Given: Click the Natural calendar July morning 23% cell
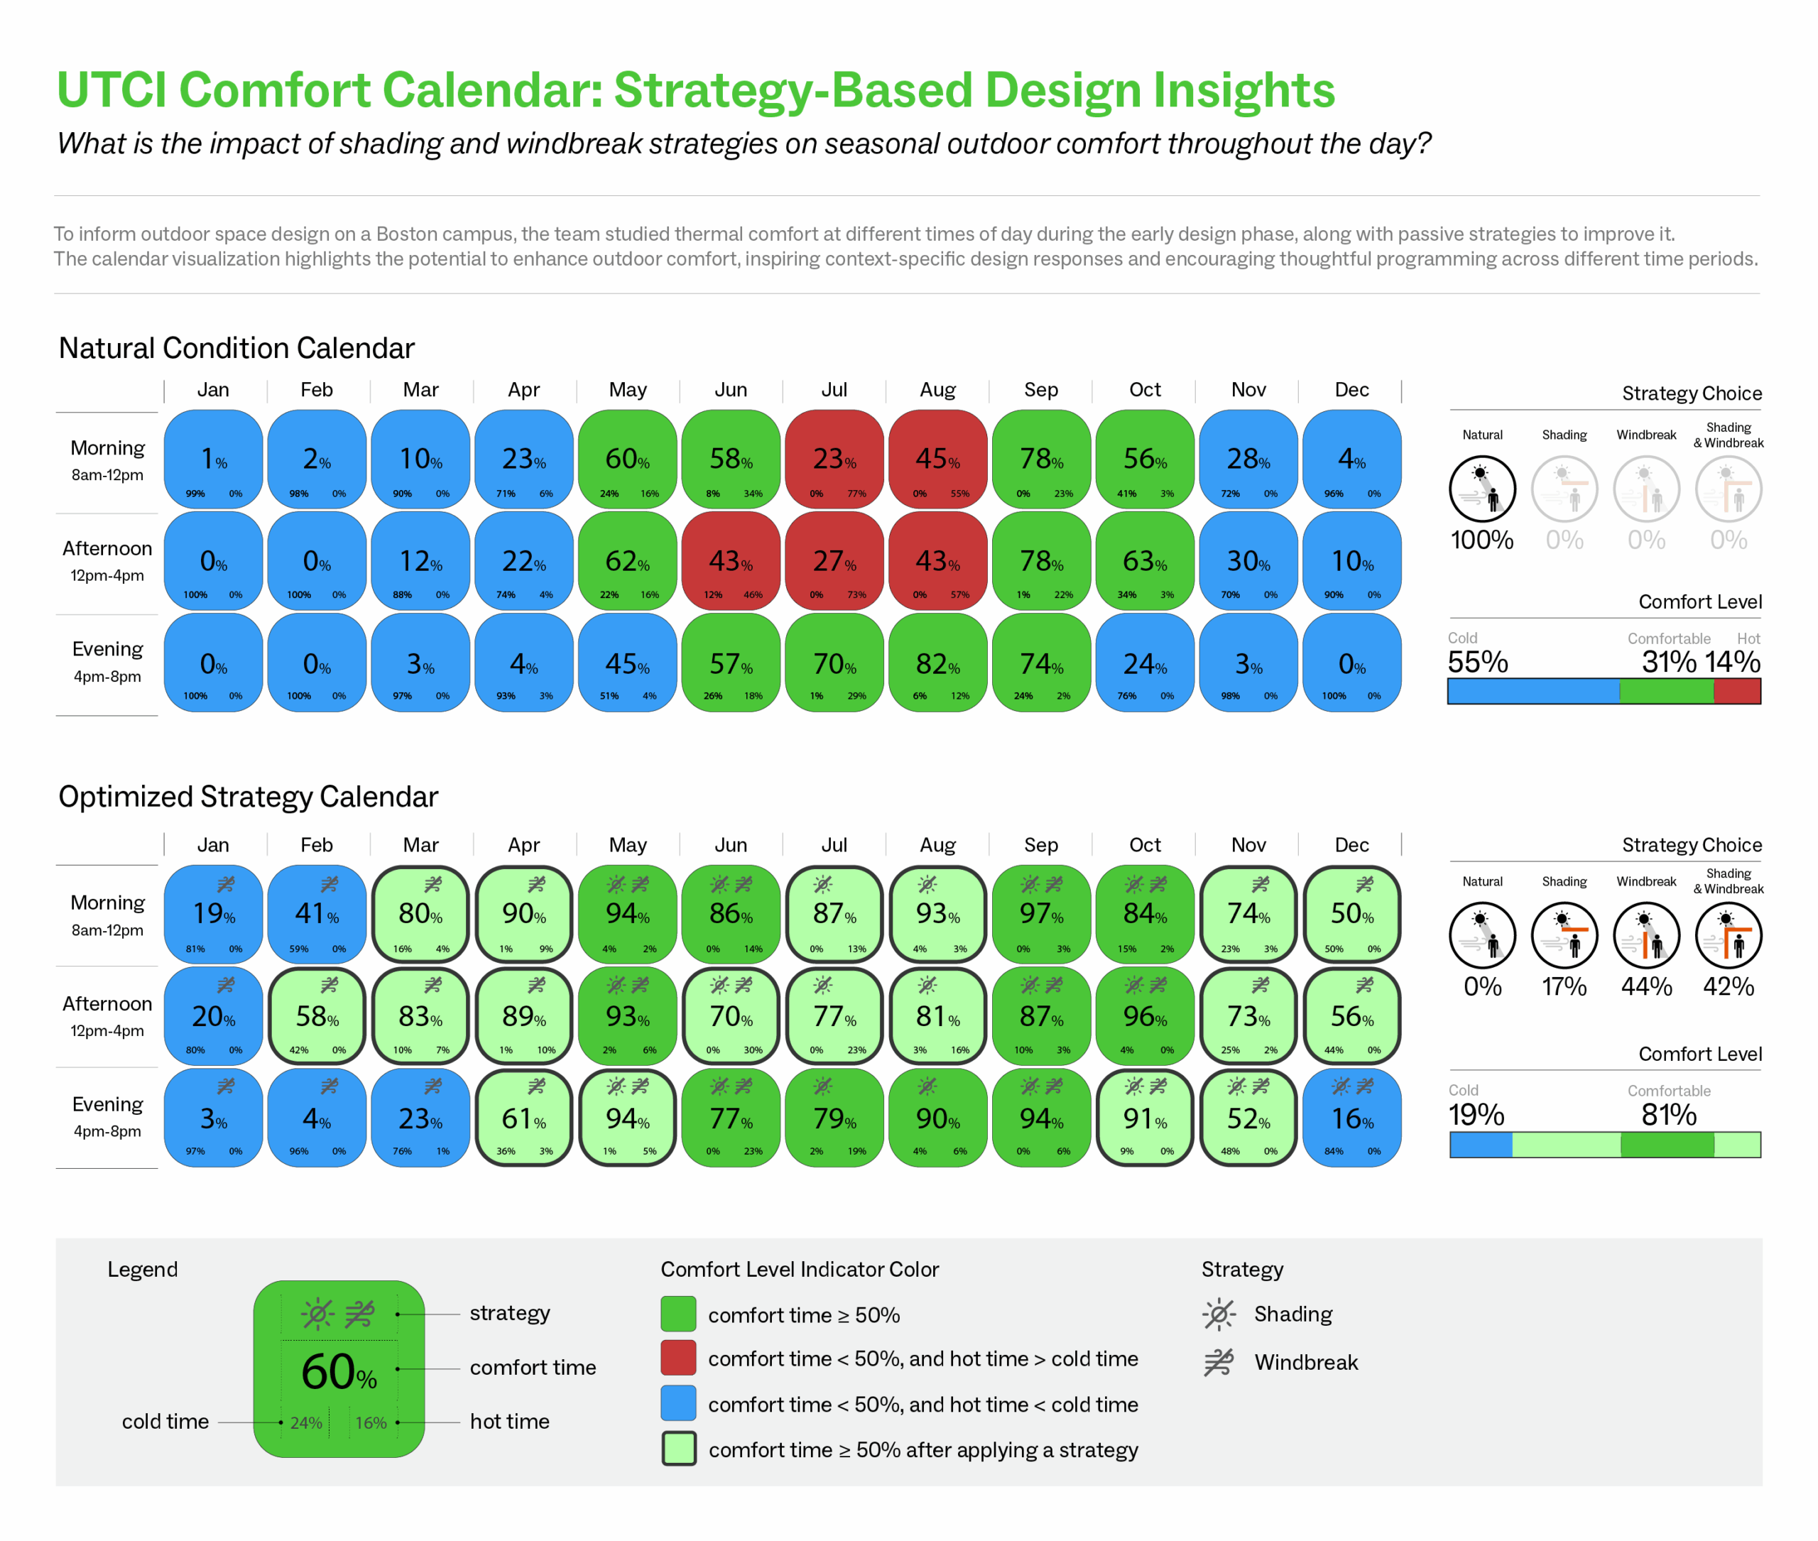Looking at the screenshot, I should click(834, 459).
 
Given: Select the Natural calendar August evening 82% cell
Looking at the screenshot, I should click(937, 664).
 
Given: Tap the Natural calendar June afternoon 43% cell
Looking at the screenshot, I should click(730, 561).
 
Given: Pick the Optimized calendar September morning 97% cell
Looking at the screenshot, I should click(1040, 914).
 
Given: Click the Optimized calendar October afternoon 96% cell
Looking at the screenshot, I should click(1145, 1016).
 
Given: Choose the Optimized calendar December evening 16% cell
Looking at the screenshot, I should click(1351, 1118).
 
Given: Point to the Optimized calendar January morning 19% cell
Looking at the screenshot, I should click(213, 914).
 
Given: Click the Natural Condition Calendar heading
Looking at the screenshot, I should click(236, 348).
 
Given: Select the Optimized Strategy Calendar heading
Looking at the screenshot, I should click(247, 797).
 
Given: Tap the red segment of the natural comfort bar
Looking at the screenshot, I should click(1737, 692).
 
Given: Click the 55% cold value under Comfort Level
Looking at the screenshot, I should click(1477, 662).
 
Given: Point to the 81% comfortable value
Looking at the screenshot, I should click(1669, 1115).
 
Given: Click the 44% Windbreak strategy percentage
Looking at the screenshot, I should click(1646, 986).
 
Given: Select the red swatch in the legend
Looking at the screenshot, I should click(679, 1358).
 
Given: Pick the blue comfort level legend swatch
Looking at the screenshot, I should click(679, 1404).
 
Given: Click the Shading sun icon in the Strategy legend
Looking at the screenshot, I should click(1219, 1314).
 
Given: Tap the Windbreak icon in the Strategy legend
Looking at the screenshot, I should click(1219, 1362).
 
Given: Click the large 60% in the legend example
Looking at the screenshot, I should click(338, 1371).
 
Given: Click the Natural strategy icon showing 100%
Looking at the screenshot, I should click(1483, 490).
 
